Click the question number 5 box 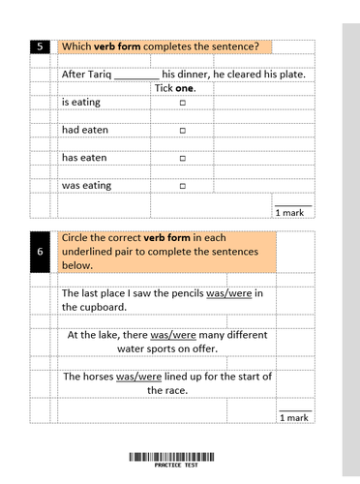click(x=40, y=46)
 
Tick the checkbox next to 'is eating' click(x=183, y=101)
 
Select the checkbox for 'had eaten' click(x=183, y=129)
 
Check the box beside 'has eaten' click(x=183, y=157)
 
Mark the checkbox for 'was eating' click(x=183, y=185)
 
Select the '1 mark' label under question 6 click(x=294, y=417)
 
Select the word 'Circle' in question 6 click(x=76, y=237)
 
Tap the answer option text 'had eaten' click(x=85, y=129)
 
